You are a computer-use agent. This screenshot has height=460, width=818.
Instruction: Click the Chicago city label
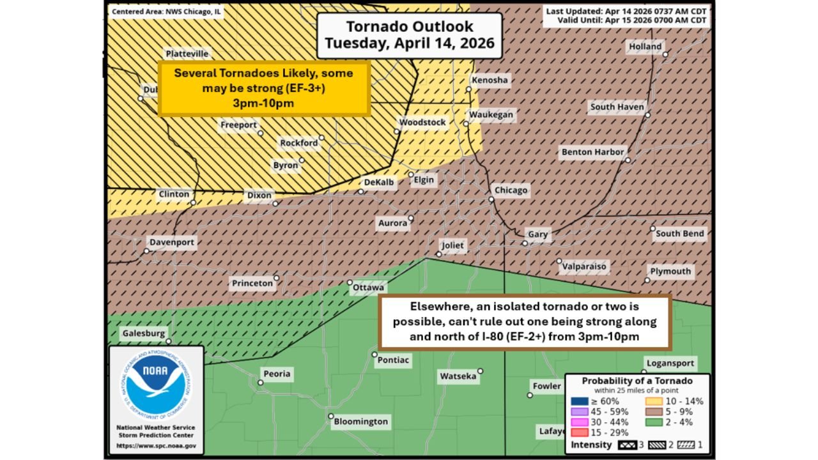pyautogui.click(x=511, y=190)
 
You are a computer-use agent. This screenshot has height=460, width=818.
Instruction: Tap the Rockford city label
pyautogui.click(x=298, y=143)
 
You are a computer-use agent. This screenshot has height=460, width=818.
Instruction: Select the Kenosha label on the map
pyautogui.click(x=490, y=80)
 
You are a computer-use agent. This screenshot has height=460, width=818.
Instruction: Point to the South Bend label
pyautogui.click(x=679, y=234)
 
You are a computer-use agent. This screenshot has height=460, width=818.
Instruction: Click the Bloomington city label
pyautogui.click(x=361, y=422)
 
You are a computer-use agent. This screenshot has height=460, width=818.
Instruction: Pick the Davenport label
pyautogui.click(x=171, y=243)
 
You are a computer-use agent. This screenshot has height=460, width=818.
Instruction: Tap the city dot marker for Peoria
pyautogui.click(x=261, y=383)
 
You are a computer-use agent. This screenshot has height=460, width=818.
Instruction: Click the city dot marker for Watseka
pyautogui.click(x=480, y=371)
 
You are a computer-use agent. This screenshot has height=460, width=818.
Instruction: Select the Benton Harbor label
pyautogui.click(x=592, y=153)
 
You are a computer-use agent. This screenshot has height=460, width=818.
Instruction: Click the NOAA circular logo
pyautogui.click(x=155, y=383)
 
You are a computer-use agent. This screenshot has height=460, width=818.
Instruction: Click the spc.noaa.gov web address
pyautogui.click(x=155, y=445)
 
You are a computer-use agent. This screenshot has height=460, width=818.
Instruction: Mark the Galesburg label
pyautogui.click(x=144, y=333)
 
